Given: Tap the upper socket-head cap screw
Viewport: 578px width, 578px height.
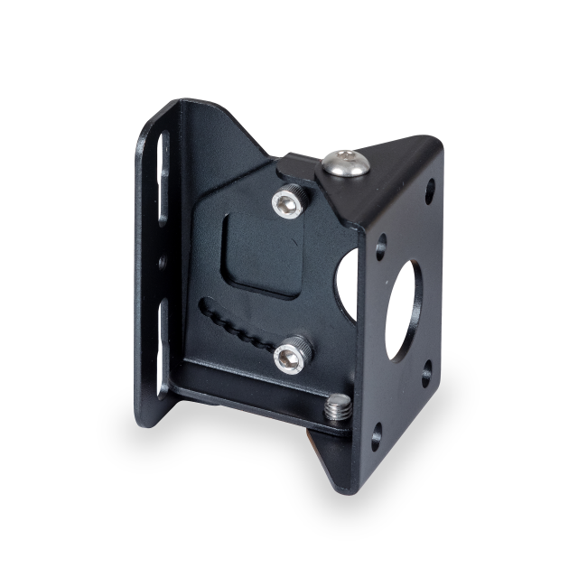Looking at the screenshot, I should click(288, 203).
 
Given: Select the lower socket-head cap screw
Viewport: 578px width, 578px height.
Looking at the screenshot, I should click(290, 358).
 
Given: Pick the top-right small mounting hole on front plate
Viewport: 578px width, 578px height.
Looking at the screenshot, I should click(430, 191).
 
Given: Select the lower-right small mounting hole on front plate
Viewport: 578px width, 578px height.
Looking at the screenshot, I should click(425, 372).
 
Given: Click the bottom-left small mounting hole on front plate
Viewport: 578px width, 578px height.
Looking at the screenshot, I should click(376, 438).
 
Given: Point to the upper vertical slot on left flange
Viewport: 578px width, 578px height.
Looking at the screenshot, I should click(163, 177).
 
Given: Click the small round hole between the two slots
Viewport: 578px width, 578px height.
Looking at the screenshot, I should click(163, 263).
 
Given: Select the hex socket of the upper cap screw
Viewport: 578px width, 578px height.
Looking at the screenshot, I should click(287, 206).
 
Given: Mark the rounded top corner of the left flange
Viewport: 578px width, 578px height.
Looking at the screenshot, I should click(157, 113).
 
